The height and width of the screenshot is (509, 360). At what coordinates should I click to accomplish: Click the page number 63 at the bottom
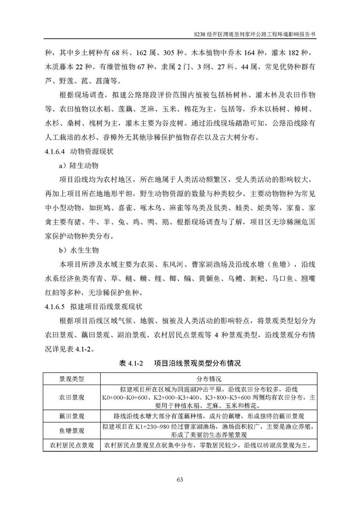tap(180, 480)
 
